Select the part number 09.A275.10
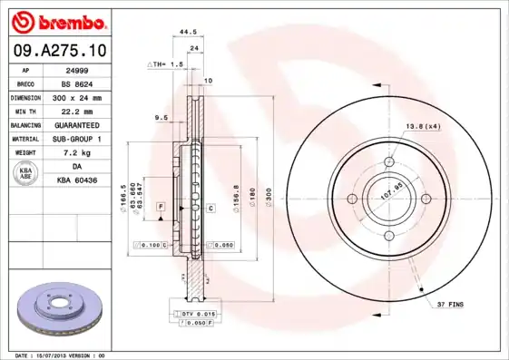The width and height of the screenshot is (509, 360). point(58,50)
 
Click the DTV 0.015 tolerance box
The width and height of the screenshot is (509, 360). point(193,313)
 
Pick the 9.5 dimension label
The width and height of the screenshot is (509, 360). point(162,118)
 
